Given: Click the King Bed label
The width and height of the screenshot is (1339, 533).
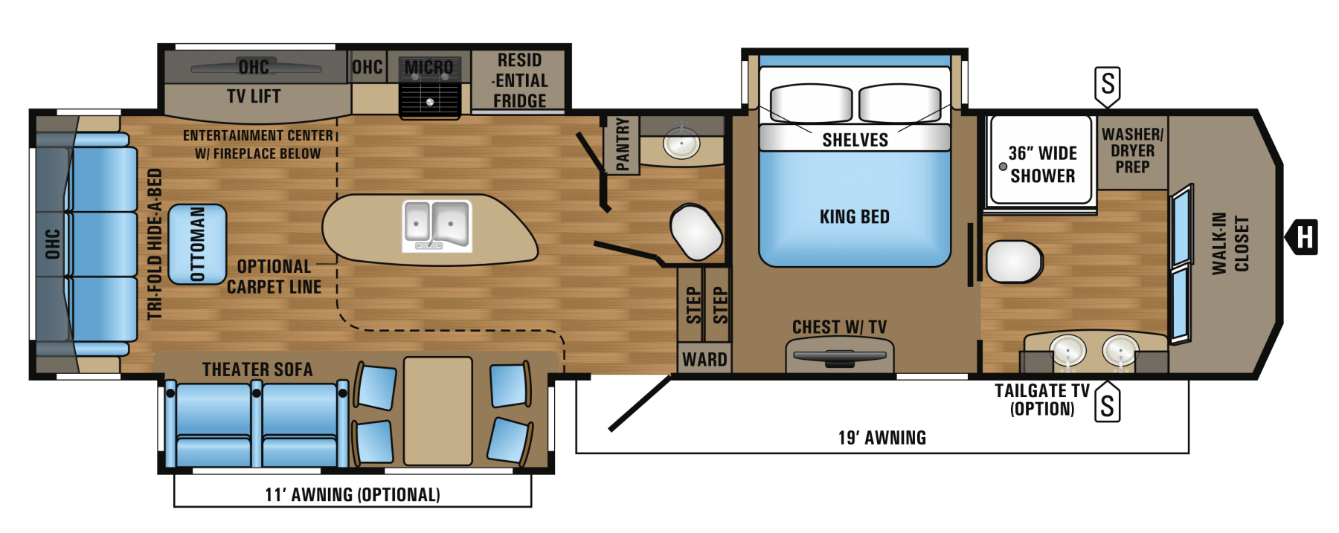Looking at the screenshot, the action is (854, 216).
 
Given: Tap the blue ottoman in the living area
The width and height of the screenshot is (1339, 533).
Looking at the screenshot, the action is (197, 244).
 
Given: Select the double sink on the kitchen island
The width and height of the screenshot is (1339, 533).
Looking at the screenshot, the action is (437, 224).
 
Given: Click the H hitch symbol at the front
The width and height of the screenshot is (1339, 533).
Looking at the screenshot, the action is (1303, 236).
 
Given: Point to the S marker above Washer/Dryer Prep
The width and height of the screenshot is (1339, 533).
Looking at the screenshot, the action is (1108, 85).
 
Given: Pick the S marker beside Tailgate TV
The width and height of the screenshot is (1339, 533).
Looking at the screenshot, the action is (1108, 404).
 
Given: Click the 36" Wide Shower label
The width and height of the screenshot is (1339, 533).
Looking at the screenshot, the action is (1042, 164).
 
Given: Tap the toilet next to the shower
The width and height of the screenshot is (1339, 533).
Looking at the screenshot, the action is (1014, 261).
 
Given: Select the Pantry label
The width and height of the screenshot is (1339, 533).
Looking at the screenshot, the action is (623, 144).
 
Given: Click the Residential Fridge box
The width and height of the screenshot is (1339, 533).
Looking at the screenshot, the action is (520, 80).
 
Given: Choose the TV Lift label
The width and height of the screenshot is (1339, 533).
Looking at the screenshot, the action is (254, 96).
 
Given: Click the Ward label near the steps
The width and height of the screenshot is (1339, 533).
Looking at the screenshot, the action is (704, 360).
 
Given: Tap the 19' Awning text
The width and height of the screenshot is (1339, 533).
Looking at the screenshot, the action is (882, 438).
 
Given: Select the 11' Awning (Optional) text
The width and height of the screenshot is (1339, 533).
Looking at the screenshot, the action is (353, 494).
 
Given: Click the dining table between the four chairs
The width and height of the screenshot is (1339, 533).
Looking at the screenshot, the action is (438, 411).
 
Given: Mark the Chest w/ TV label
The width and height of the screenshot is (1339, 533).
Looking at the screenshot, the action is (839, 327).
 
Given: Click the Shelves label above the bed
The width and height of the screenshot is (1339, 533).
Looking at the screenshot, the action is (855, 140).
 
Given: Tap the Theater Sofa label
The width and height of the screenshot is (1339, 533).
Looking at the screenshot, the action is (257, 369).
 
